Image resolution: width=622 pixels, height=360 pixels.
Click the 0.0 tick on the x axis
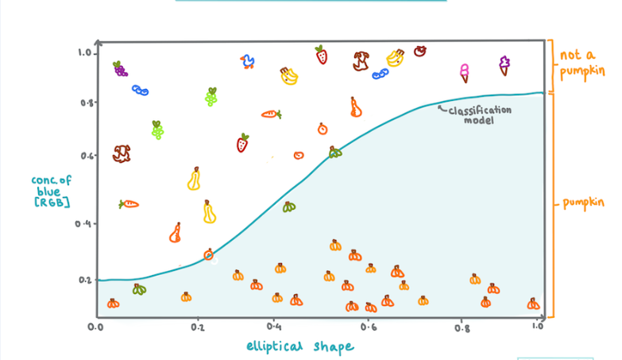(96, 327)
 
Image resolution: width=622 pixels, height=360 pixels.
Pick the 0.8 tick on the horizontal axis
(462, 327)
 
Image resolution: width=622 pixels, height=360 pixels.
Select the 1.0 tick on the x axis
(538, 327)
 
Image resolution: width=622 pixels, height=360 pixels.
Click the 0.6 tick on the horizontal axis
(368, 327)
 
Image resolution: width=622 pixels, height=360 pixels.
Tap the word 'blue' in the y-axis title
(50, 192)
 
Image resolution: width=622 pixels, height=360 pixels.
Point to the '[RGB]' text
(52, 203)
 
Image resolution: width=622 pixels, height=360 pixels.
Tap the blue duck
(249, 61)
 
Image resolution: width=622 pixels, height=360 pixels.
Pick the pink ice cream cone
(464, 73)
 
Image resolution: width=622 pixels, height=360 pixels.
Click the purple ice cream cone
(504, 65)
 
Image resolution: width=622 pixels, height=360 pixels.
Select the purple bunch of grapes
(119, 68)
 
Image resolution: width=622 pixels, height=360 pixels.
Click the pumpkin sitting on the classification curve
(209, 254)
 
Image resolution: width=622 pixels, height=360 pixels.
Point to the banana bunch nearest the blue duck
(288, 75)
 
